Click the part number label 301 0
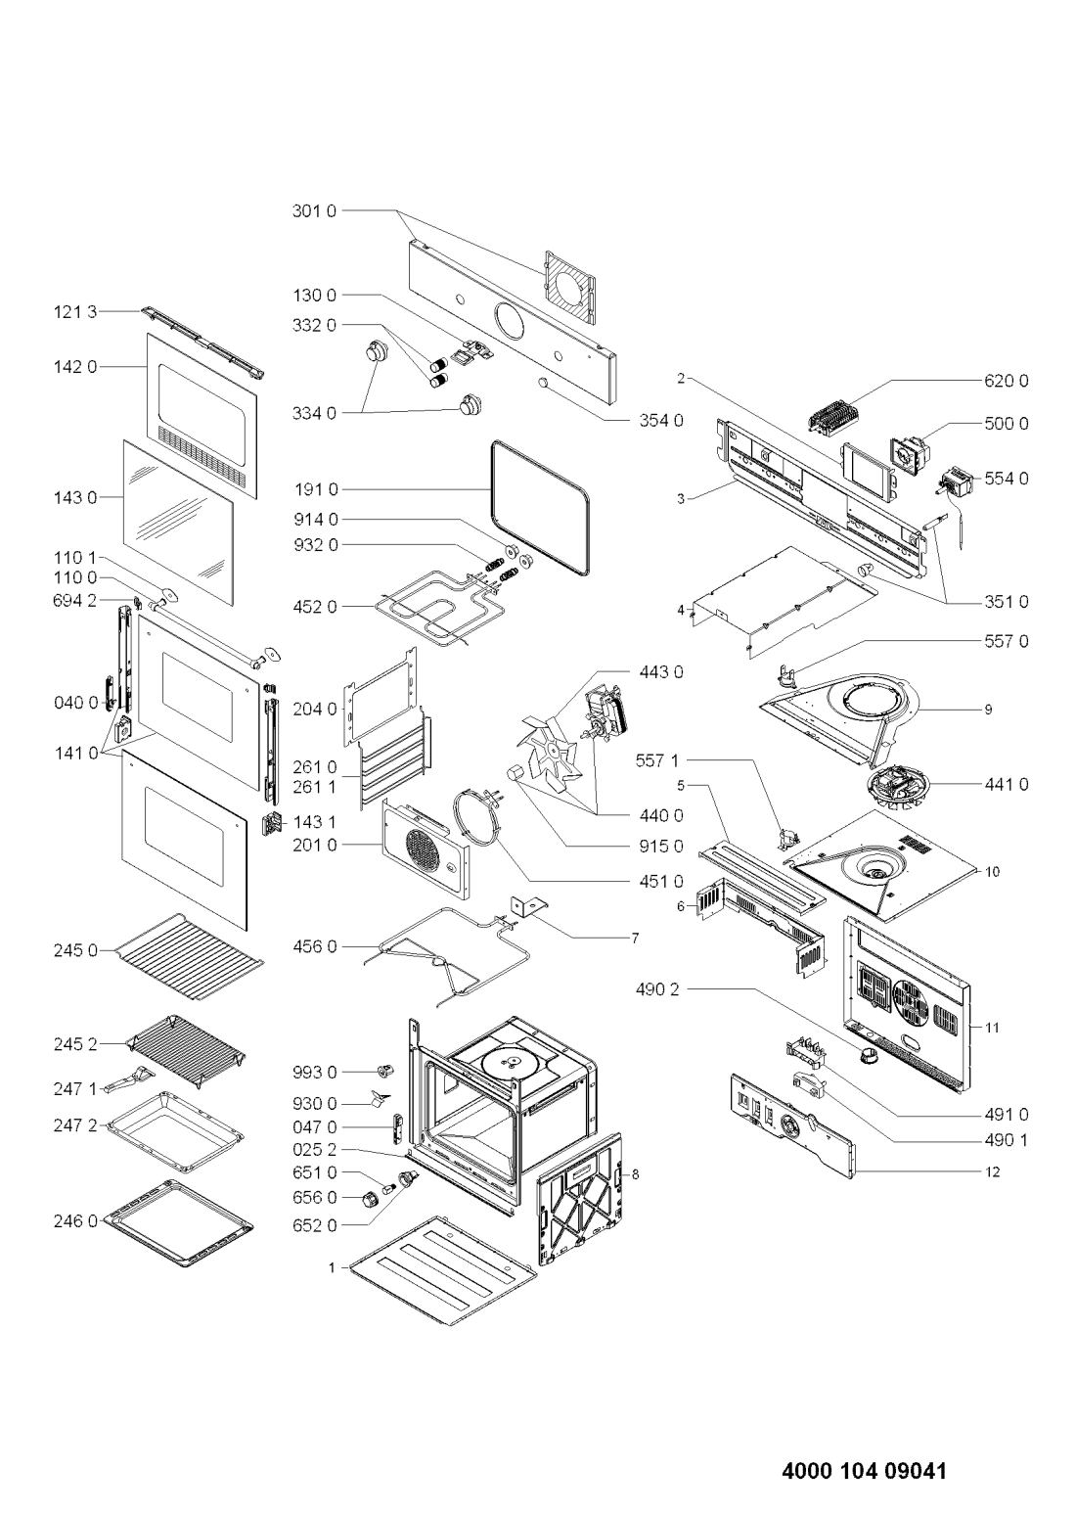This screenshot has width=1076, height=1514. pos(313,210)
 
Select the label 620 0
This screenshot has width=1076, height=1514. pos(1007,382)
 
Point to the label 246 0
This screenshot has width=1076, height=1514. pos(75,1221)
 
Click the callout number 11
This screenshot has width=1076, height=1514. pos(992,1028)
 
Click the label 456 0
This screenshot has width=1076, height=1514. pos(315,947)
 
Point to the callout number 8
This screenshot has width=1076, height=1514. pos(635,1174)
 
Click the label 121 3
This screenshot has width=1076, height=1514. pos(75,312)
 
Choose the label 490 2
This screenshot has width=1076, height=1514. pos(657,989)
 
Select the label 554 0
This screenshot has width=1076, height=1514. pos(1007,479)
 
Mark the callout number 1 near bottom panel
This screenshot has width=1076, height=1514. pos(332,1268)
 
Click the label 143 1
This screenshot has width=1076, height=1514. pos(315,822)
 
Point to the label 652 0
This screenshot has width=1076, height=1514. pos(315,1225)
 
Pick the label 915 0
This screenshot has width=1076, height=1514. pos(661,847)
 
